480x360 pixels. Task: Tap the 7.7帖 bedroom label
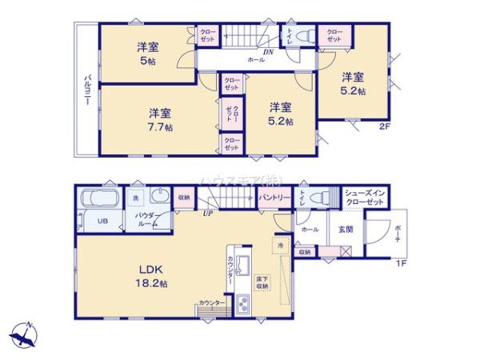pos(160,119)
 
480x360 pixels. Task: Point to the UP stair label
pos(206,214)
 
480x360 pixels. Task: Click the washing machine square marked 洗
pos(136,197)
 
